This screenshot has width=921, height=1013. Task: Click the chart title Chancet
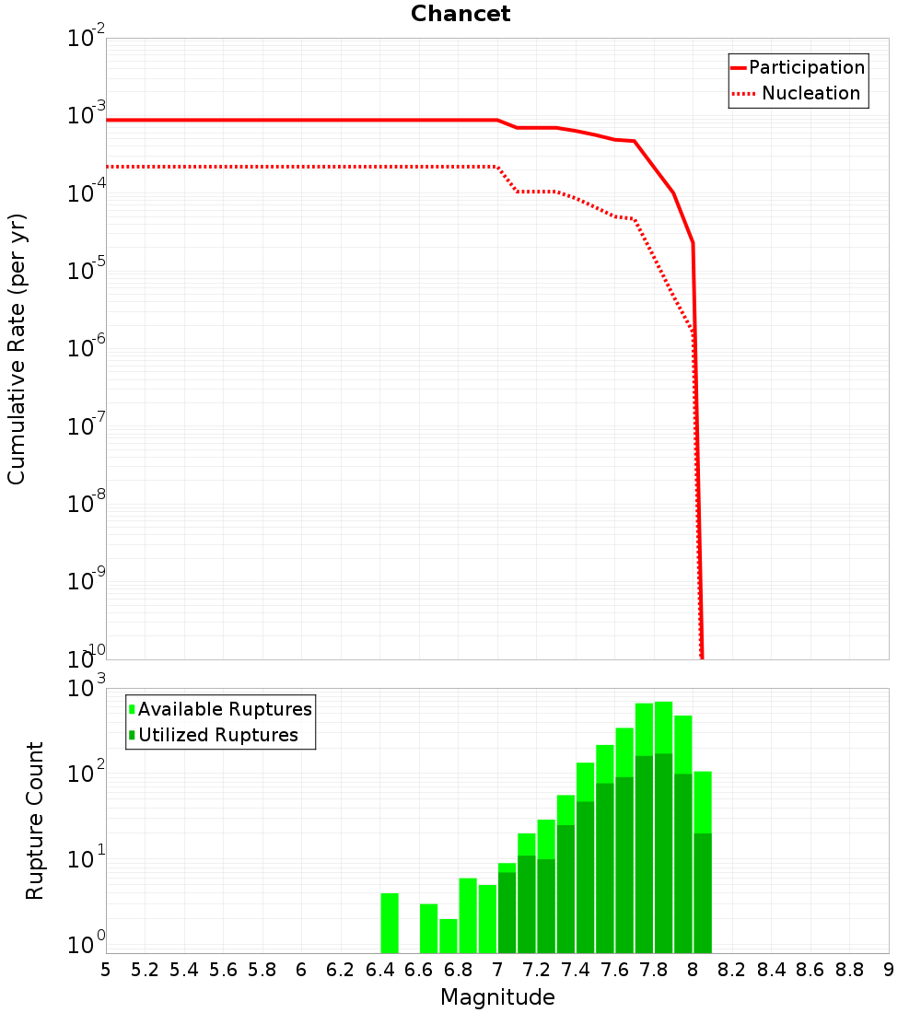[460, 14]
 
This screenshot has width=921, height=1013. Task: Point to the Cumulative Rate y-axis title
[17, 350]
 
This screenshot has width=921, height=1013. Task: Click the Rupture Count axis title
[35, 821]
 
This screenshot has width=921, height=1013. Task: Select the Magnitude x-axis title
[497, 997]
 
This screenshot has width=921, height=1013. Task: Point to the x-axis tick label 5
[106, 970]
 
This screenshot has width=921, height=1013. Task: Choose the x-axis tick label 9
[889, 970]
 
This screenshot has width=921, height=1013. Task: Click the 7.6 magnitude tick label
[614, 970]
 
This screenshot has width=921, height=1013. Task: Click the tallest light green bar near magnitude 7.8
[663, 728]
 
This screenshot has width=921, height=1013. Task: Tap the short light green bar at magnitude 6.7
[449, 936]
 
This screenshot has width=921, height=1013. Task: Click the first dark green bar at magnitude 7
[507, 912]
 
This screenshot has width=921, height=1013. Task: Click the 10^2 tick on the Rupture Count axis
[87, 774]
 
